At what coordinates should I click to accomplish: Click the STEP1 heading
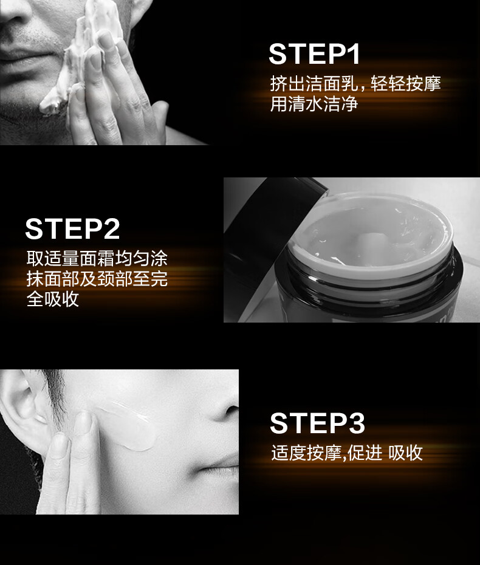click(x=314, y=55)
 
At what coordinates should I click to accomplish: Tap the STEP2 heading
click(x=72, y=228)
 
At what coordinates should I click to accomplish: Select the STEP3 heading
click(x=318, y=423)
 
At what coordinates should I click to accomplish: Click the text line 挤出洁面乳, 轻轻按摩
click(x=355, y=84)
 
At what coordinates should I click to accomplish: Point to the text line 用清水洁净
click(x=314, y=104)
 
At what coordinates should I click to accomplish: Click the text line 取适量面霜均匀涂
click(x=97, y=258)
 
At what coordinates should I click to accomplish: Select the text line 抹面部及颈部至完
click(x=97, y=278)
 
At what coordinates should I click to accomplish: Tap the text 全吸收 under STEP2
click(x=53, y=299)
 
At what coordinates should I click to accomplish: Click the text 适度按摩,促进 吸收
click(x=347, y=453)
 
